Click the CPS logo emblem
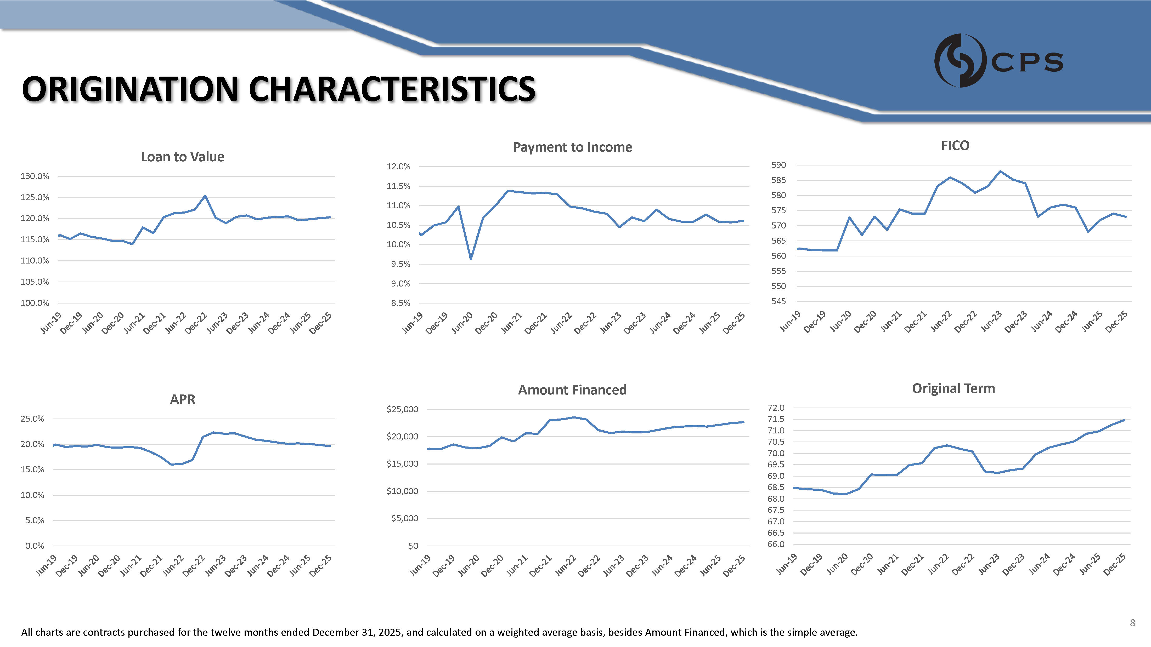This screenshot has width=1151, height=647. (x=960, y=60)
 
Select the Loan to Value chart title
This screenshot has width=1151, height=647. (x=182, y=157)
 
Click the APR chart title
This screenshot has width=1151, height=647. (x=182, y=399)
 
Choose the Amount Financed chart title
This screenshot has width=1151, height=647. (x=572, y=390)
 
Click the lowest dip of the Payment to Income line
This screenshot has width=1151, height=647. (x=471, y=259)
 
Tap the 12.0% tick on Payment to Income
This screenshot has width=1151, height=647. (x=399, y=167)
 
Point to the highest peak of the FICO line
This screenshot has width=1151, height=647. (x=1000, y=171)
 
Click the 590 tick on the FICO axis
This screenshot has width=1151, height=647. (x=778, y=165)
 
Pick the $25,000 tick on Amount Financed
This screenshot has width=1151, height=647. (x=403, y=409)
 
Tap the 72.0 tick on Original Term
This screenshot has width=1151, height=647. (x=776, y=408)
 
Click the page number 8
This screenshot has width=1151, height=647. (x=1132, y=623)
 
